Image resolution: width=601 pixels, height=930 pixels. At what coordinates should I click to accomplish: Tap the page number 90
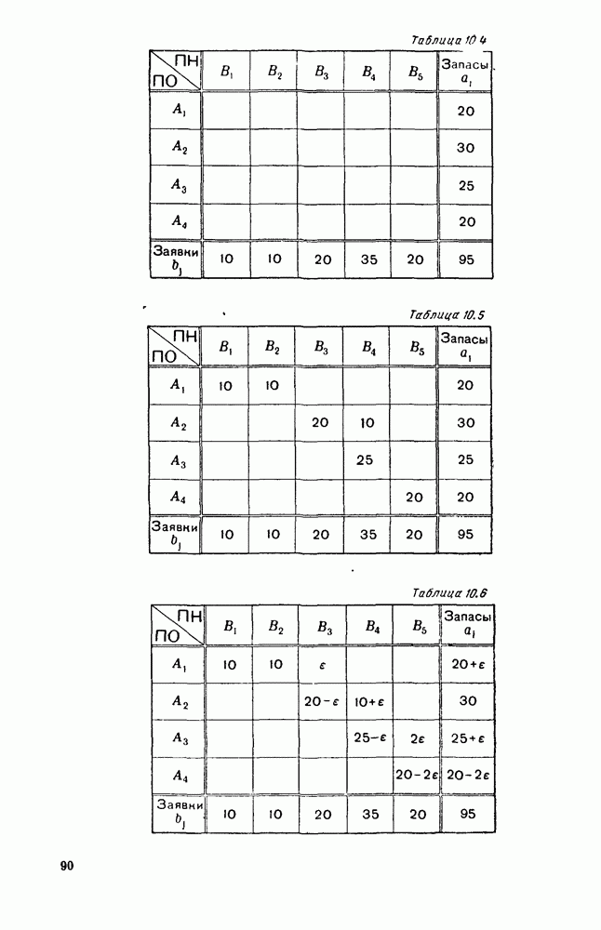(x=66, y=866)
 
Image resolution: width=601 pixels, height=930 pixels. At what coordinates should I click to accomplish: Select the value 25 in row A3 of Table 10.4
(x=466, y=185)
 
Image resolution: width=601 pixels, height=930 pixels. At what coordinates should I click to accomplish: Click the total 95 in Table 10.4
(x=466, y=259)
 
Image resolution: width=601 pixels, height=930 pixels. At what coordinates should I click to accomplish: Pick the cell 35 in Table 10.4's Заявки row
(x=367, y=259)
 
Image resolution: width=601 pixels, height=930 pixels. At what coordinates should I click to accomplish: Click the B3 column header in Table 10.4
(x=321, y=71)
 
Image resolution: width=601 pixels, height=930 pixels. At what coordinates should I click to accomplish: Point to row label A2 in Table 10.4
(x=180, y=147)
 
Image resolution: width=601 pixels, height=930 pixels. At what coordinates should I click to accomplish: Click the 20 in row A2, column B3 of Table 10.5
(x=320, y=422)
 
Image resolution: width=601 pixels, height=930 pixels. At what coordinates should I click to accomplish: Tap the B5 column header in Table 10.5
(x=414, y=349)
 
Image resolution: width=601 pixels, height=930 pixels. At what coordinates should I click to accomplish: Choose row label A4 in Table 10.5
(x=180, y=497)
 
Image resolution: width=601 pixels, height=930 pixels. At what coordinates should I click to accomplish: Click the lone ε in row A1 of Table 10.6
(x=323, y=665)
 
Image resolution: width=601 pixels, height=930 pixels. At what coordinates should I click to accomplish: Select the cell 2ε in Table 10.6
(x=415, y=738)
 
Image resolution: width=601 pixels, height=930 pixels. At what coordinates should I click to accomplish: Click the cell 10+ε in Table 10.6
(x=369, y=702)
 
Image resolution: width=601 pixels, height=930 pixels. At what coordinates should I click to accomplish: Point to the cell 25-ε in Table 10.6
(x=369, y=738)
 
